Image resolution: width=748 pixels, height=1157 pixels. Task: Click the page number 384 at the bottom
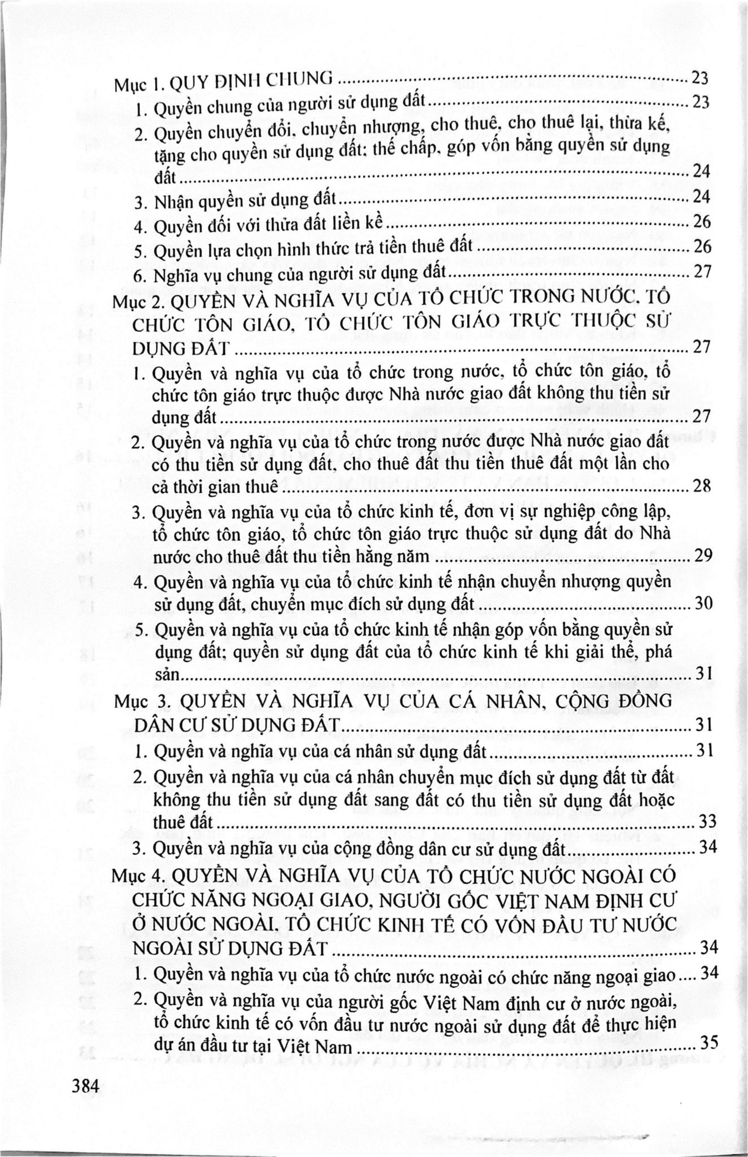pos(85,1086)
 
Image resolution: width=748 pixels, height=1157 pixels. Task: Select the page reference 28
pos(702,485)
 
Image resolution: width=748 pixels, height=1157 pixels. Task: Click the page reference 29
pos(703,555)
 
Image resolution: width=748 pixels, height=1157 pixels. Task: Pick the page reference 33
pos(707,822)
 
